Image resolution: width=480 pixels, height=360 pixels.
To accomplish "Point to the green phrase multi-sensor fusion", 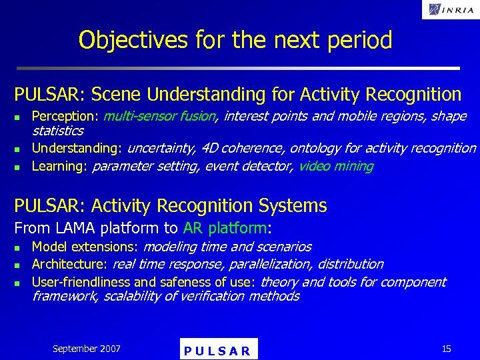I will pyautogui.click(x=160, y=117).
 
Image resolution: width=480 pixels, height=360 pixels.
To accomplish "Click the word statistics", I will pyautogui.click(x=58, y=131).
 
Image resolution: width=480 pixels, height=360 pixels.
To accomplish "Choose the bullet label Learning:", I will pyautogui.click(x=60, y=166).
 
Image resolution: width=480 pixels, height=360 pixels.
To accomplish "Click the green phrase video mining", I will pyautogui.click(x=336, y=166).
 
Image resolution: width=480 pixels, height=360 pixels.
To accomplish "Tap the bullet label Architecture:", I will pyautogui.click(x=69, y=264).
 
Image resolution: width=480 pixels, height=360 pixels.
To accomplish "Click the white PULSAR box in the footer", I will pyautogui.click(x=219, y=350).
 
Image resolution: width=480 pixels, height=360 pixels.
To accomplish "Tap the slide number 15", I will pyautogui.click(x=446, y=349).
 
